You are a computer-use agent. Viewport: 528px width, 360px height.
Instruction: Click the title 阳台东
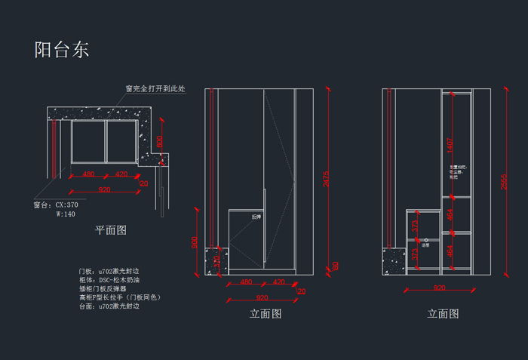[61, 50]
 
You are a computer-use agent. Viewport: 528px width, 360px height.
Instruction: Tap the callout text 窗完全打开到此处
[155, 89]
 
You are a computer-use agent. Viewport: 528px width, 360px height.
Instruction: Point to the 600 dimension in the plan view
[159, 141]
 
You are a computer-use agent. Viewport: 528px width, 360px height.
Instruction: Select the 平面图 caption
[110, 229]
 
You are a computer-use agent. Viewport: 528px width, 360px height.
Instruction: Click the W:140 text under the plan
[66, 214]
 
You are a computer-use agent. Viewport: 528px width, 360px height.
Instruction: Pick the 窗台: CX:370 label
[56, 205]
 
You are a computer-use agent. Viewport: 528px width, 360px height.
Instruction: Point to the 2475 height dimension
[326, 178]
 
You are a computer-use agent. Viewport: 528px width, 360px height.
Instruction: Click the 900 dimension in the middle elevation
[194, 242]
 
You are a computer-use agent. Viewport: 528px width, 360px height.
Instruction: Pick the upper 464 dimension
[450, 214]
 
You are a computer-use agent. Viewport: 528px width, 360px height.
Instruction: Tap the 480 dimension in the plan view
[88, 174]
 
